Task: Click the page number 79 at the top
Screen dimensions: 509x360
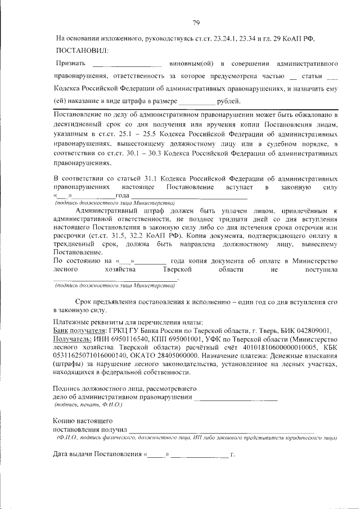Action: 196,22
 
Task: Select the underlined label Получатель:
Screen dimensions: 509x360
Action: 72,340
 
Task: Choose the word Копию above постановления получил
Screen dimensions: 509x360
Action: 66,420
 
